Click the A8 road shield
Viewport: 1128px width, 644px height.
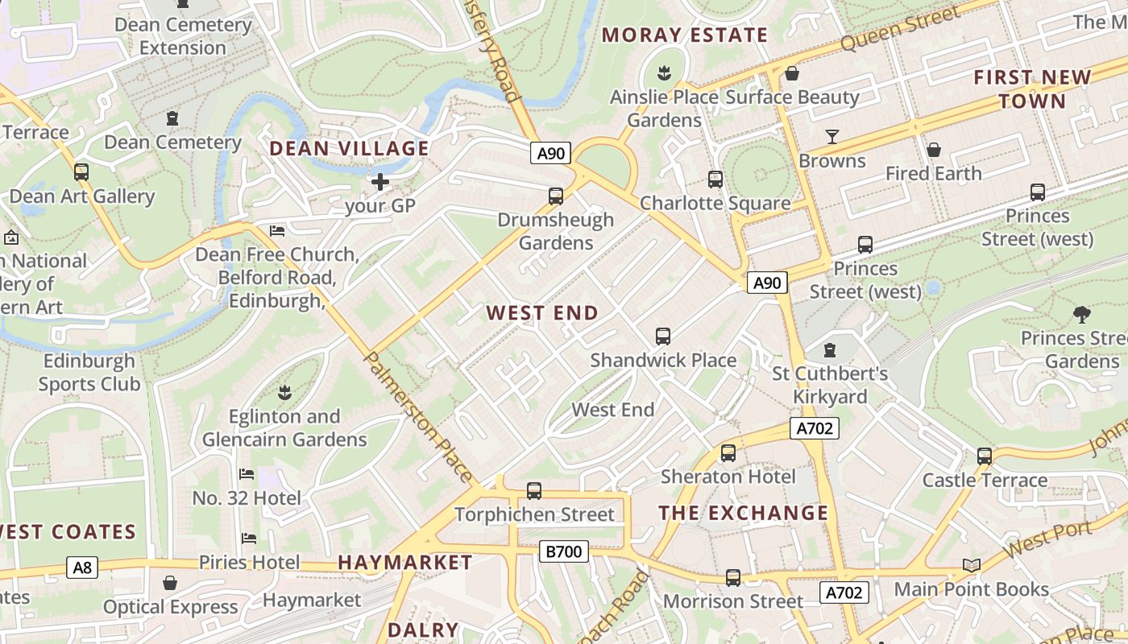(82, 568)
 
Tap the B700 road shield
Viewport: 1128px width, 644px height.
(563, 551)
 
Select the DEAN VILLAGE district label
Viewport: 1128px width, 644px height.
(349, 148)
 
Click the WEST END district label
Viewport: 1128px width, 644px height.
(542, 313)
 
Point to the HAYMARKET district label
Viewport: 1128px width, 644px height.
(404, 562)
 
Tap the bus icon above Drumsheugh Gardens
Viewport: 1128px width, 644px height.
(555, 196)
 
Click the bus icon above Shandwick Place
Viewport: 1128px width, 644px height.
(663, 336)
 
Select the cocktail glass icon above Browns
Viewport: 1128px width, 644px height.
(832, 137)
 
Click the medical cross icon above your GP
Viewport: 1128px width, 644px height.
(380, 182)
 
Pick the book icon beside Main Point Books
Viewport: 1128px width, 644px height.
(972, 566)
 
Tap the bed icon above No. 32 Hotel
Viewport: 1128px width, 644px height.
(247, 474)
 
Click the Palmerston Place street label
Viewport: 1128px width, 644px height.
(418, 417)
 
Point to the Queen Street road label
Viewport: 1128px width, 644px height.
(900, 28)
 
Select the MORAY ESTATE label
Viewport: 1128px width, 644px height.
(684, 35)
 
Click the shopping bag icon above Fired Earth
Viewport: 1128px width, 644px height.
(934, 150)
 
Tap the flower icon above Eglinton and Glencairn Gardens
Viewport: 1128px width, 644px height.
(284, 393)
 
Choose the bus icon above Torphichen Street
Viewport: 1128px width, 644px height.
(533, 490)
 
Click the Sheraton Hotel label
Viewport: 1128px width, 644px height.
(728, 477)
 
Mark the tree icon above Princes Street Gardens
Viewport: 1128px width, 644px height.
(1081, 314)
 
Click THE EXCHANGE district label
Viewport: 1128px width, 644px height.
(743, 513)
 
